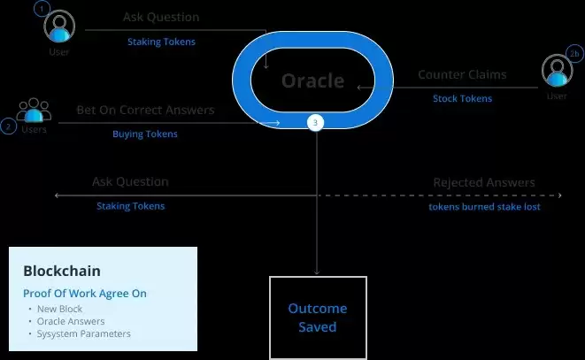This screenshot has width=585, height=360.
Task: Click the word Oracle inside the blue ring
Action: tap(312, 80)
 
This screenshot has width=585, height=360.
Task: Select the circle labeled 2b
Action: tap(574, 54)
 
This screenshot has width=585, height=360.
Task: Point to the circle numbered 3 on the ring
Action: tap(316, 123)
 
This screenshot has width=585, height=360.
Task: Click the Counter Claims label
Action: tap(462, 75)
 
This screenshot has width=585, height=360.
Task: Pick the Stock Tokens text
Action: tap(462, 98)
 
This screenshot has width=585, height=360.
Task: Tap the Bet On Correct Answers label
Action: tap(145, 111)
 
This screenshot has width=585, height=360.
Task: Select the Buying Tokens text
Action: tap(145, 134)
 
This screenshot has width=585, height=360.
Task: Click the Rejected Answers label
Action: tap(483, 182)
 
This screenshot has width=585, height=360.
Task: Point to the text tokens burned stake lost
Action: tap(484, 206)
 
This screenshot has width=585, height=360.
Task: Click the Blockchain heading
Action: tap(62, 271)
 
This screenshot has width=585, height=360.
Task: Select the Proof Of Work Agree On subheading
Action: tap(85, 294)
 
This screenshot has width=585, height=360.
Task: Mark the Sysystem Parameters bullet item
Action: tap(83, 333)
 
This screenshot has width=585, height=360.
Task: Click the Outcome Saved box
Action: tap(318, 318)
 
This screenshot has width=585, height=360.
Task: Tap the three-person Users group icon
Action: tap(35, 111)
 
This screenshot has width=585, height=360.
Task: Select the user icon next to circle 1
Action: tap(59, 28)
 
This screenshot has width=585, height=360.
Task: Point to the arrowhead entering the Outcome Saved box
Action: tap(317, 272)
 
